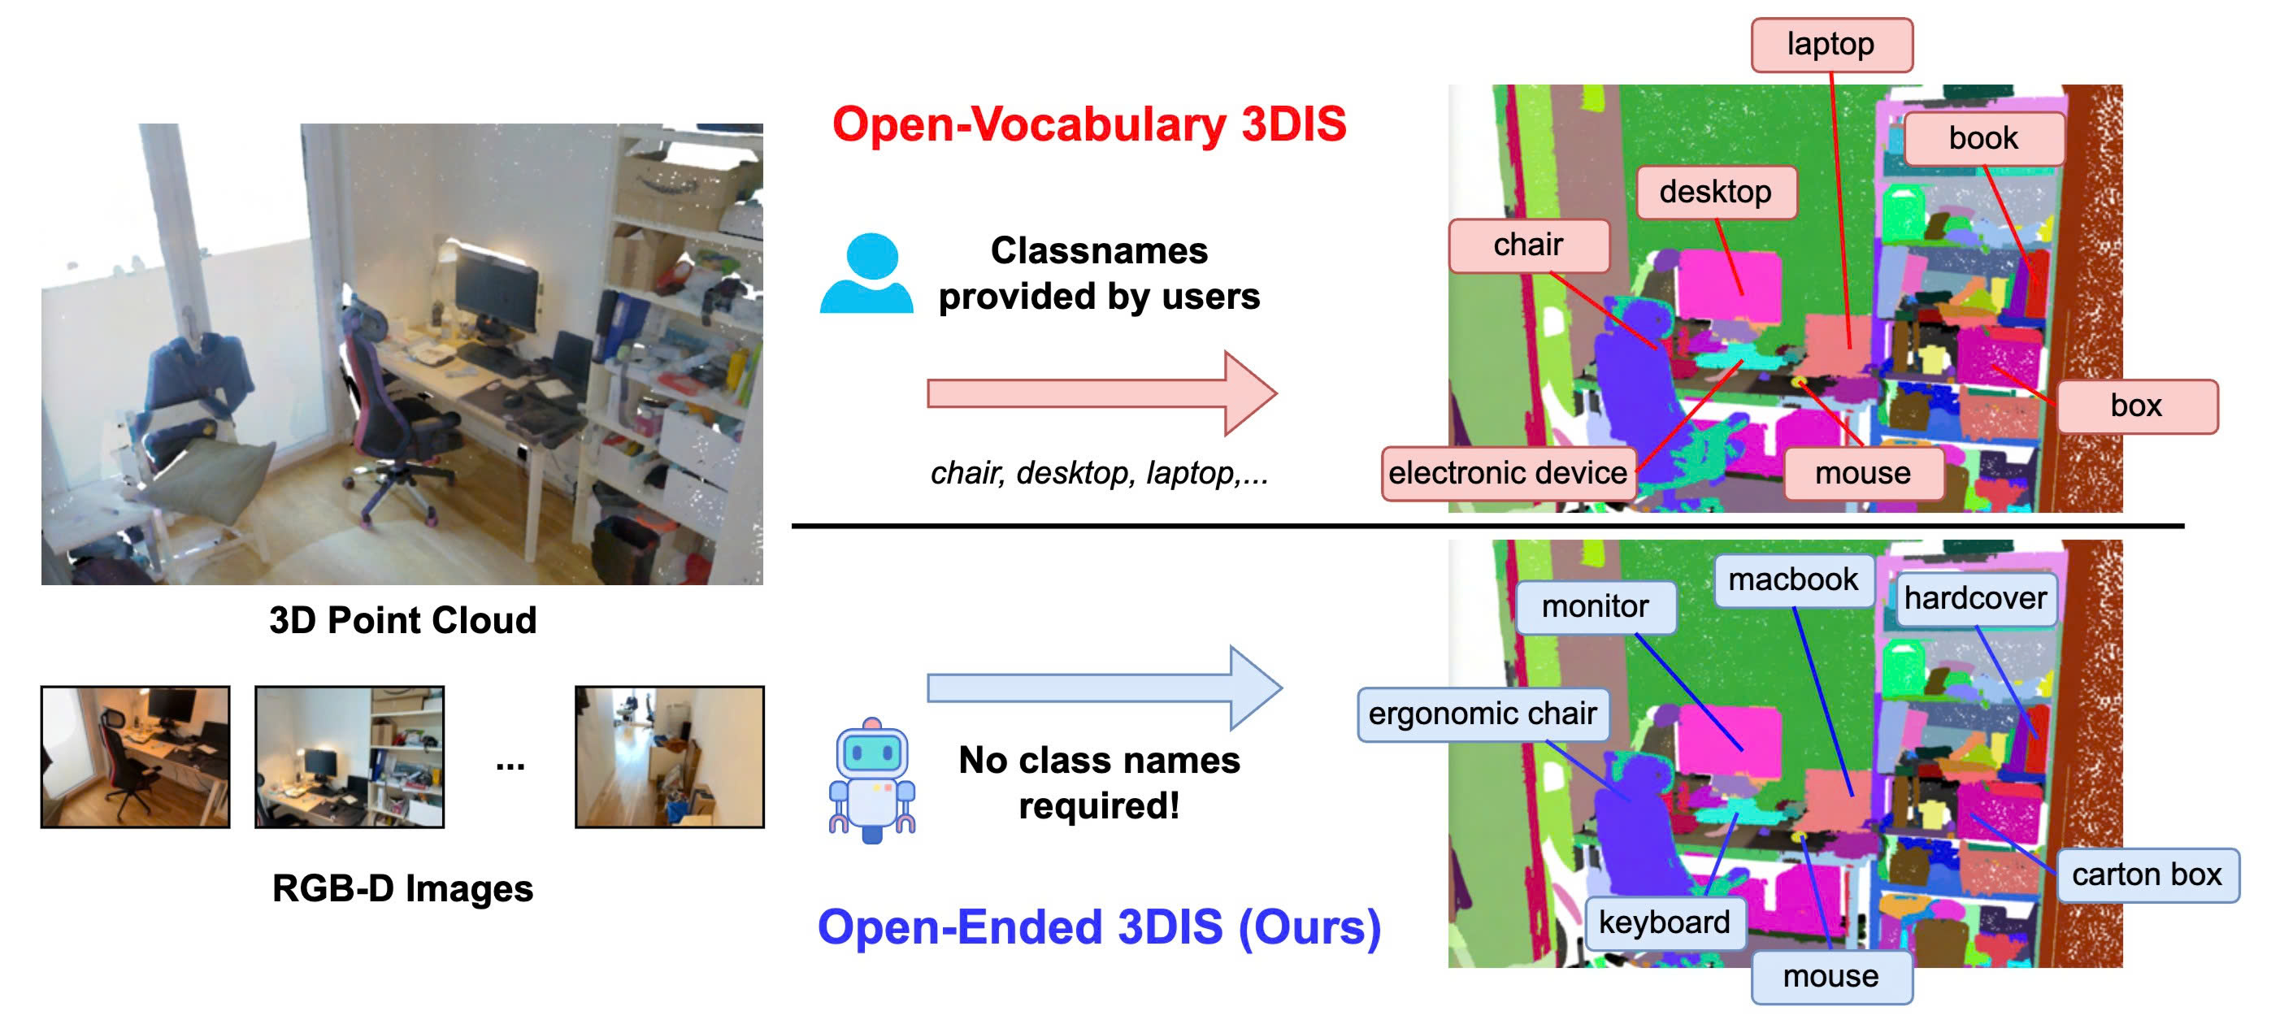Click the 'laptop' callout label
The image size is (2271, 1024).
(1831, 45)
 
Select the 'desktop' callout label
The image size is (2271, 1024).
(1716, 192)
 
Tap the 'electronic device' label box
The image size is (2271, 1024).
(1508, 473)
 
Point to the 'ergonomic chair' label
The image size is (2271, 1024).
(1483, 714)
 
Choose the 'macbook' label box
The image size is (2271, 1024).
(1793, 579)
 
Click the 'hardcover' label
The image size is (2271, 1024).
(1975, 598)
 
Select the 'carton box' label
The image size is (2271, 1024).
(2147, 875)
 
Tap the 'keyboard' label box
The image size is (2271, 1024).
(1665, 922)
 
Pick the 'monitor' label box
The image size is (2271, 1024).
(1596, 607)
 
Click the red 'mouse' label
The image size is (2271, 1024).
(1863, 474)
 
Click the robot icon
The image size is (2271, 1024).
(872, 781)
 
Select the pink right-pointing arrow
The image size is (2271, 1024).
(1102, 393)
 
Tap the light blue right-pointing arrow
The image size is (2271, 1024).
(1105, 688)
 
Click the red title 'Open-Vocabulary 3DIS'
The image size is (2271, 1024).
(1090, 124)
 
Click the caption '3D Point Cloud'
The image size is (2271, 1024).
(403, 621)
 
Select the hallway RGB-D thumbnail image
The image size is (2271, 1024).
(670, 757)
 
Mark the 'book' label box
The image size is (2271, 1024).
(1983, 139)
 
